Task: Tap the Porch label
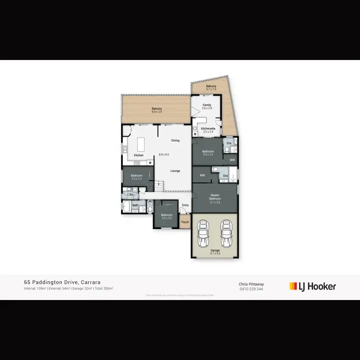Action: (185, 222)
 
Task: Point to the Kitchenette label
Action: (208, 129)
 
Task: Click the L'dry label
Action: (130, 194)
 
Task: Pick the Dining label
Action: (175, 141)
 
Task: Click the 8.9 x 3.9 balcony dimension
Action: (157, 112)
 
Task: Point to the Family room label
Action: (207, 105)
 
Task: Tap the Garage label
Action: (215, 250)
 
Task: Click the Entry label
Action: (185, 205)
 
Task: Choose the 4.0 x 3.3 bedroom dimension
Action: (136, 179)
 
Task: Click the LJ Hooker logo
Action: (312, 287)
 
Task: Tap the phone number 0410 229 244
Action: (251, 289)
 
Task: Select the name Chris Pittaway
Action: (251, 284)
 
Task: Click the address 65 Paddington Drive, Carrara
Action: (62, 283)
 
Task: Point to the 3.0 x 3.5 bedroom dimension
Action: (167, 217)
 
